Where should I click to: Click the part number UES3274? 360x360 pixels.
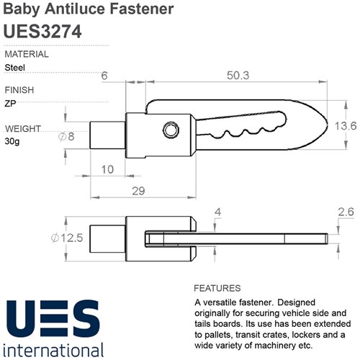coord(42,32)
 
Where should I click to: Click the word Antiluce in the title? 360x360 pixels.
coord(75,9)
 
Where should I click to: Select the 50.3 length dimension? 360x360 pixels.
coord(238,76)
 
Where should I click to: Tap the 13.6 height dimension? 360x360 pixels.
coord(346,126)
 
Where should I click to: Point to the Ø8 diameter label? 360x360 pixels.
coord(66,137)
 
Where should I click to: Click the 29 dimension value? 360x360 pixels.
coord(138,191)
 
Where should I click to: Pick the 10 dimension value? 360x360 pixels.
coord(107,170)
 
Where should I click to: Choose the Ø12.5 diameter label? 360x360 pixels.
coord(67,238)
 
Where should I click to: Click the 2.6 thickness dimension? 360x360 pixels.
coord(346,212)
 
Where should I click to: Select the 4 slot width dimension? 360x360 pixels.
coord(217,212)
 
